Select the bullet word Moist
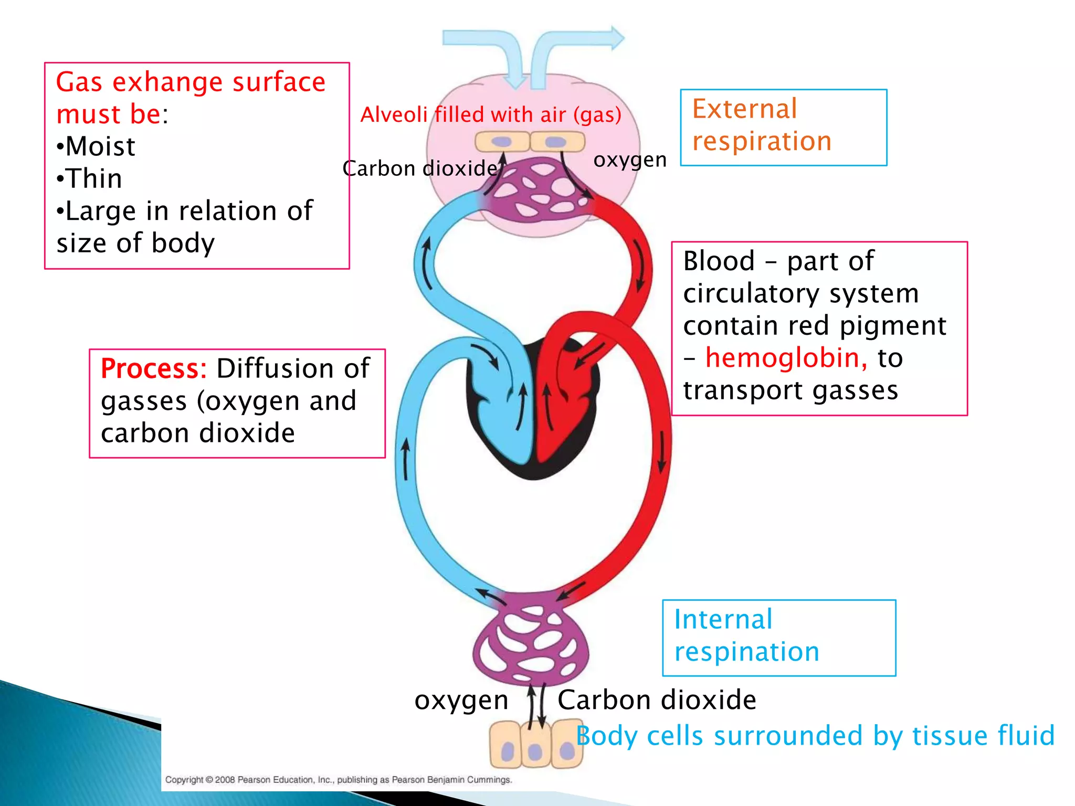[100, 146]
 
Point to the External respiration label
[761, 125]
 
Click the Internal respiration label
[746, 635]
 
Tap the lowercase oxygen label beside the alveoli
[629, 160]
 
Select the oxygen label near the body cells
[461, 701]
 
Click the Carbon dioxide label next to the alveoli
[419, 168]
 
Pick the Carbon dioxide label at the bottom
[656, 700]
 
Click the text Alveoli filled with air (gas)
[490, 114]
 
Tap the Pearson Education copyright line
[339, 780]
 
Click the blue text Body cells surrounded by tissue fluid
[815, 736]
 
